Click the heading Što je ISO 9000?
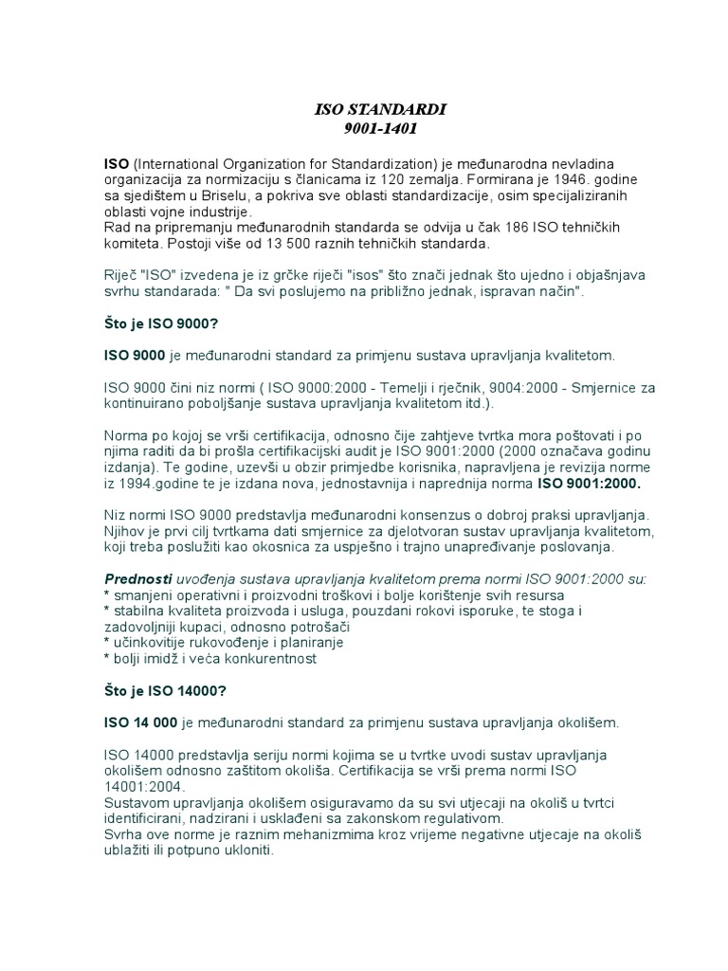(162, 323)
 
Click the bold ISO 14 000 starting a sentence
(140, 722)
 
